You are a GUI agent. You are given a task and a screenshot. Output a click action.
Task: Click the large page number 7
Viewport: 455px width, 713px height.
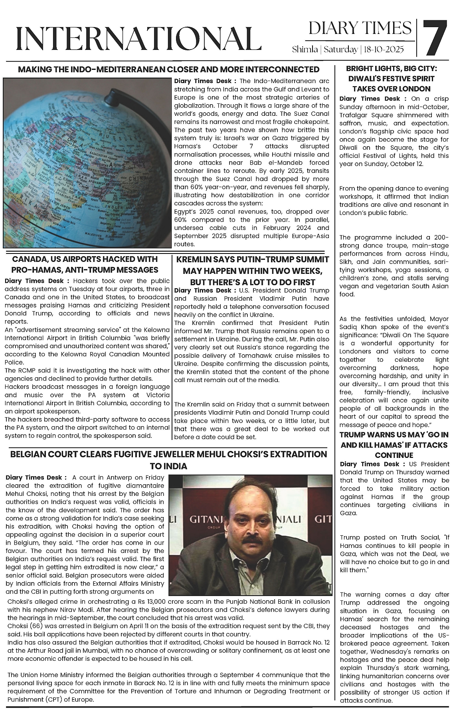click(x=435, y=38)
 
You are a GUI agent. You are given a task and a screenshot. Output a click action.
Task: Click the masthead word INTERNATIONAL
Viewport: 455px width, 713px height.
click(x=136, y=39)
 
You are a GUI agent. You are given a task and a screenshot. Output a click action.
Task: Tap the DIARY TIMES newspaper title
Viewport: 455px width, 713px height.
click(x=360, y=28)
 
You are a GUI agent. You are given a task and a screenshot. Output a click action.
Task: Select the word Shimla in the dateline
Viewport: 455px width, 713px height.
click(x=305, y=50)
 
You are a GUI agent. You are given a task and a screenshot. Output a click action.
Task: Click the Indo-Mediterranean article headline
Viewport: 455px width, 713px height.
click(x=169, y=69)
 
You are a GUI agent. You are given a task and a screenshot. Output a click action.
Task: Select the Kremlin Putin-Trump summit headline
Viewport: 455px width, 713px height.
click(x=252, y=271)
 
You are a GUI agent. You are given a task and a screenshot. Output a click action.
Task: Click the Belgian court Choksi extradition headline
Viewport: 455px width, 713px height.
click(x=168, y=460)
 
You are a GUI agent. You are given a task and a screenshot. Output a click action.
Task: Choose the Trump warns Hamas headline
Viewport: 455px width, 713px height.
click(x=394, y=445)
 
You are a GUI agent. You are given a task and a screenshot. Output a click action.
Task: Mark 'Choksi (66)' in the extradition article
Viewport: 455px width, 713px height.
click(x=25, y=626)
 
